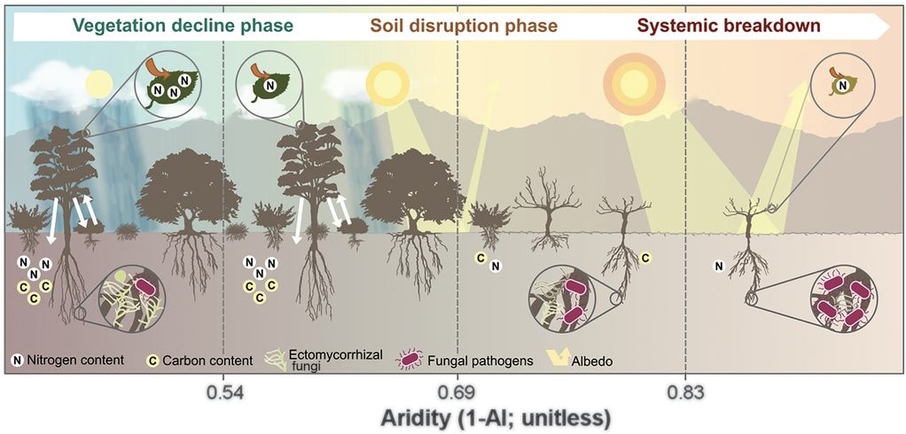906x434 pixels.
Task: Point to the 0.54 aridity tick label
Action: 223,390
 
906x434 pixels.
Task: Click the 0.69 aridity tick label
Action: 457,390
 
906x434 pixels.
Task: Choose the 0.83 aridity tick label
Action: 685,390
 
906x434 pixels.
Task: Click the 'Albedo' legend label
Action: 587,360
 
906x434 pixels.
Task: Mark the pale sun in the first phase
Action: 98,85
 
